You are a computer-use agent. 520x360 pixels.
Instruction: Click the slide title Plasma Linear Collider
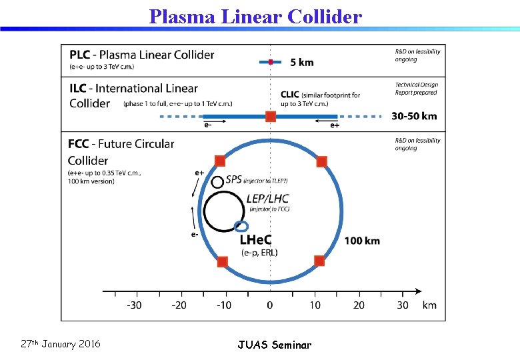point(255,16)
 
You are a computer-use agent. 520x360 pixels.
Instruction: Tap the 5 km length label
point(301,62)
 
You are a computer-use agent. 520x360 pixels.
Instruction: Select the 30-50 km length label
point(414,116)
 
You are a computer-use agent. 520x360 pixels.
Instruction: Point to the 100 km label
point(362,240)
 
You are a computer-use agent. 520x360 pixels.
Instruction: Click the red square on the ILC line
point(271,117)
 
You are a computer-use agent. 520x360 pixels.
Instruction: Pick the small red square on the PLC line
point(271,62)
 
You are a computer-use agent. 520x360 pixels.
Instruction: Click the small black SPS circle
point(217,181)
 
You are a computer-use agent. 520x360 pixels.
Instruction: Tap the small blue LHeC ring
point(241,226)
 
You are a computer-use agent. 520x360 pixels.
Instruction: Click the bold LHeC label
point(255,239)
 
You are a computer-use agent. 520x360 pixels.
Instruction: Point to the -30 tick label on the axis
point(135,305)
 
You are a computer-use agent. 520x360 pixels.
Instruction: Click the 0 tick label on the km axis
point(270,305)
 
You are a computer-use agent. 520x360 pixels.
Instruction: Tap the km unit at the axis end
point(429,305)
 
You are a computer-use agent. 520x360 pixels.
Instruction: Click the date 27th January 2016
point(61,344)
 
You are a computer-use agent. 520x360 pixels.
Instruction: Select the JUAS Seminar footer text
point(274,345)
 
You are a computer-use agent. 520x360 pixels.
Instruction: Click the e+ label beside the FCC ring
point(199,173)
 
